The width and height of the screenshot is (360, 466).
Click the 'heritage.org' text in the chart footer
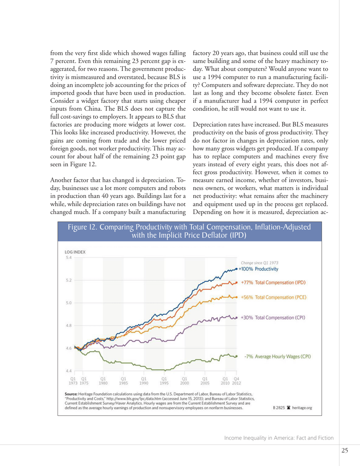coord(300,408)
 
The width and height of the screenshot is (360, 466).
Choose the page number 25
coord(344,450)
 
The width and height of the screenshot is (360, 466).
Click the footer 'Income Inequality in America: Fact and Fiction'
coord(279,438)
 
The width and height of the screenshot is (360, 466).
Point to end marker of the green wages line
coord(236,356)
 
